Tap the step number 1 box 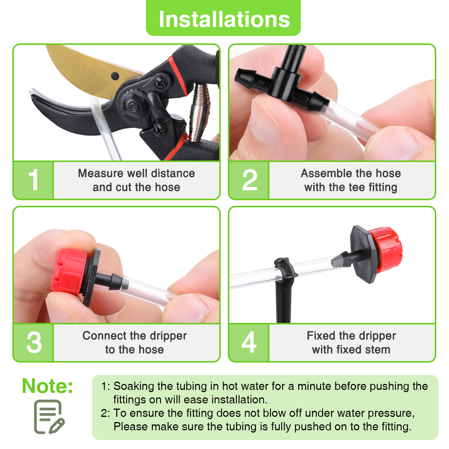pyautogui.click(x=34, y=180)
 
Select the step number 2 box pyautogui.click(x=249, y=180)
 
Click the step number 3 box pyautogui.click(x=34, y=342)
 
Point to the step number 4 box pyautogui.click(x=249, y=342)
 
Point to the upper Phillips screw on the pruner pyautogui.click(x=161, y=82)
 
